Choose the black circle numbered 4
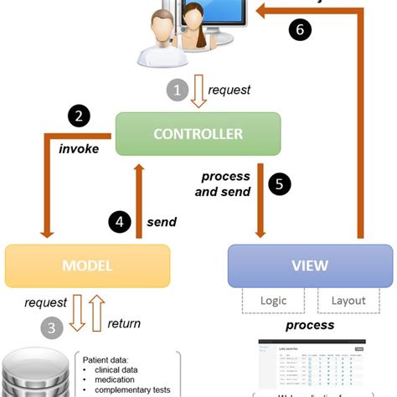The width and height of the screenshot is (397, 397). tap(120, 223)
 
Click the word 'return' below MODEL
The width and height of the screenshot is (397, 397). tap(124, 322)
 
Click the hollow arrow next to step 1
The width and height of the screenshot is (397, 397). tap(198, 90)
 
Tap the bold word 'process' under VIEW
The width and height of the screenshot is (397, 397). tap(310, 324)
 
